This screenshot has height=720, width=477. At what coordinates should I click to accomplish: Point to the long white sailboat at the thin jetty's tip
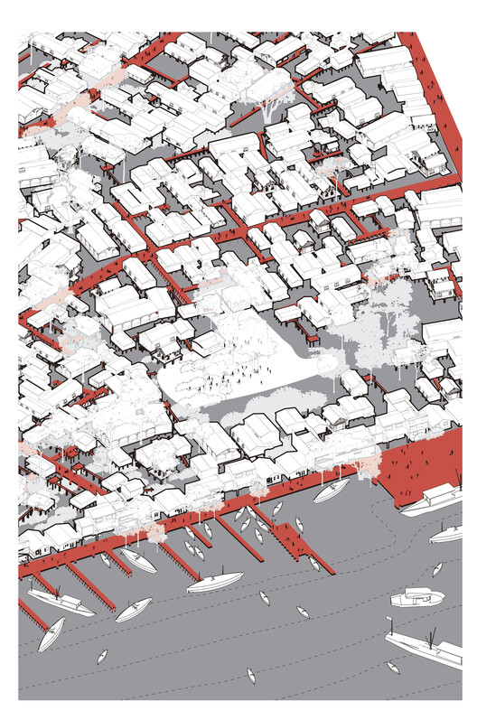pos(214,582)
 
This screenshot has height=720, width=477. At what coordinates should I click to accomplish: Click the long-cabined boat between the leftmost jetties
pos(58,601)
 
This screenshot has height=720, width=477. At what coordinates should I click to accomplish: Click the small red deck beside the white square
pos(311,338)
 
